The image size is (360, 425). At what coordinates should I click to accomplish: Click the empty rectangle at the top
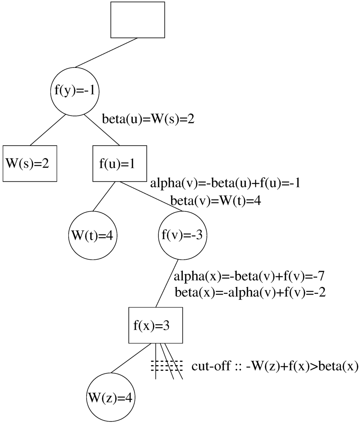137,20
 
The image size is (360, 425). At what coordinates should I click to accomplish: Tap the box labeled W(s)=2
30,163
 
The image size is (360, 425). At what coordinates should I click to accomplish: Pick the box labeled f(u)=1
120,163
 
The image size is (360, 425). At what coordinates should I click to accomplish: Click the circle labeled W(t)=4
93,235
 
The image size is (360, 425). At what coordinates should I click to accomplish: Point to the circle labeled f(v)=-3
182,235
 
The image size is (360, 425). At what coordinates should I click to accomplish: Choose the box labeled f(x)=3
156,325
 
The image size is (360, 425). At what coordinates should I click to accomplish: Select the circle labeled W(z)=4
111,398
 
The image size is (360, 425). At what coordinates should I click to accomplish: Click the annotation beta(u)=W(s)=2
148,119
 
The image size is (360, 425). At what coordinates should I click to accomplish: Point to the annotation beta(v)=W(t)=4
215,201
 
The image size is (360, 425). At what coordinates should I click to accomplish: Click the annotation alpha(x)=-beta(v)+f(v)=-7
251,276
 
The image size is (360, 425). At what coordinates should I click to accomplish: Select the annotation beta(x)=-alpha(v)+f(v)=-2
250,292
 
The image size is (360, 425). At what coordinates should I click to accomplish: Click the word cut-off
207,366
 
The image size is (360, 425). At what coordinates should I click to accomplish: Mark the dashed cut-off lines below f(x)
167,366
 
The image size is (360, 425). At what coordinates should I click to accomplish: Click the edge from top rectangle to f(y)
106,52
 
